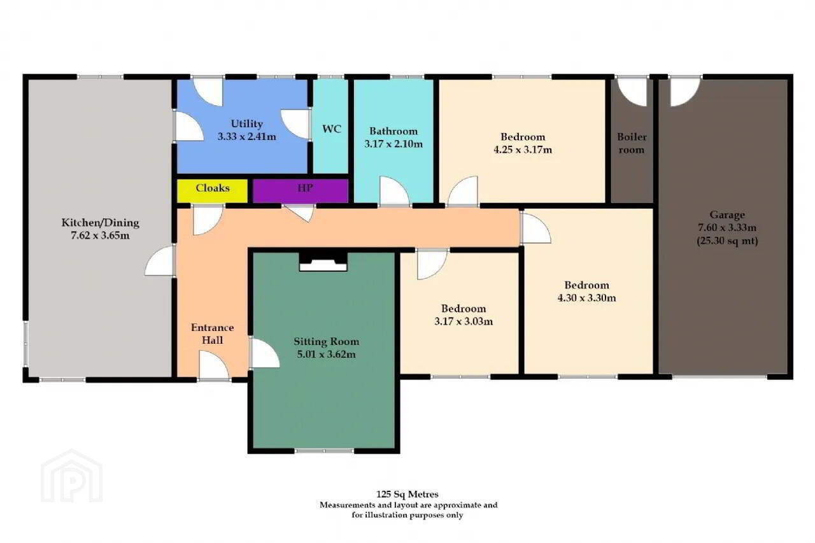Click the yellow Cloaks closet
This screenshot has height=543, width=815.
click(x=212, y=190)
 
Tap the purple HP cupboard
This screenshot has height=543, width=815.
click(x=301, y=190)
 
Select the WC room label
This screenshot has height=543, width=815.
click(x=332, y=129)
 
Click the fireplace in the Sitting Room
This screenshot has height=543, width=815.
click(x=323, y=262)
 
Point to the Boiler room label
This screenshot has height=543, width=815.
click(x=632, y=143)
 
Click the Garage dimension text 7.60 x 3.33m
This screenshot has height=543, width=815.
click(x=727, y=228)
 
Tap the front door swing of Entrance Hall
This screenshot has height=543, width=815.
click(x=214, y=365)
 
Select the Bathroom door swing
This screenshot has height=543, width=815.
click(x=394, y=192)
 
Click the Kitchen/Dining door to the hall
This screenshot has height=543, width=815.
click(x=160, y=260)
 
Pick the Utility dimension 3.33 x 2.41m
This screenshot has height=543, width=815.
click(x=246, y=137)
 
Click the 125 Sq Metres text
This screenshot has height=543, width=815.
click(x=407, y=494)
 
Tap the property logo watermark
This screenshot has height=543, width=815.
click(x=72, y=476)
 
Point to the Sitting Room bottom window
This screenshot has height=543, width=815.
click(x=324, y=451)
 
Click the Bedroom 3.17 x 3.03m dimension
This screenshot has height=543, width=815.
click(x=464, y=321)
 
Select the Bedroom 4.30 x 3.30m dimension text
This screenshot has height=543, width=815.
click(x=586, y=298)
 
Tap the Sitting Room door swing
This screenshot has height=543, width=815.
click(x=265, y=353)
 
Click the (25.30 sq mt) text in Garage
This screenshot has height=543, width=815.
click(x=727, y=241)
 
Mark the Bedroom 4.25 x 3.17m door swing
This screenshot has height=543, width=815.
click(x=463, y=191)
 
